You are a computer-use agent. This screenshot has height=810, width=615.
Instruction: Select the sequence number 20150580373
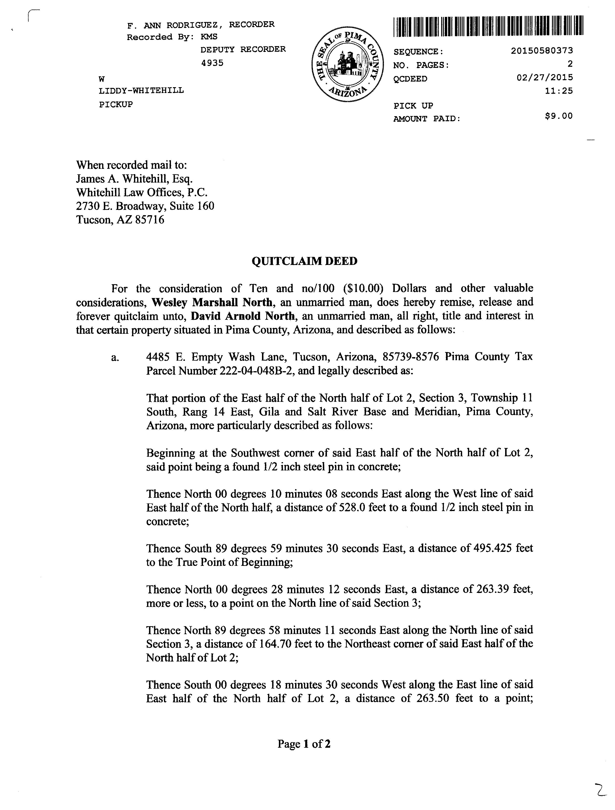542,51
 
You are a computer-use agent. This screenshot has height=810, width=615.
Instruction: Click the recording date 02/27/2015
545,78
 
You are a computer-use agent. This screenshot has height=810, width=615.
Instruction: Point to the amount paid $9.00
559,116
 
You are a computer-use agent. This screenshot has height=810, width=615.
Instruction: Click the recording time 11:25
559,91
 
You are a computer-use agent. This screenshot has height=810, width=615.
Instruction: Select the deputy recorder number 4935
212,63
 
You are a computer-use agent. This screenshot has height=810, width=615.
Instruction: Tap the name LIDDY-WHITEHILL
141,91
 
